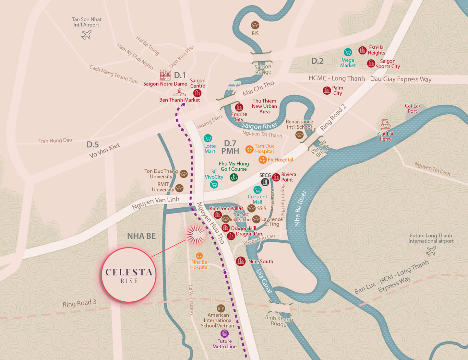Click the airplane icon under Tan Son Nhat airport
coord(86,35)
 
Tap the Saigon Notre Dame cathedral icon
coord(165,75)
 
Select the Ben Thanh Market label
coord(179,100)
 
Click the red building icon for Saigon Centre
coord(197,93)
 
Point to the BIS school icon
coord(255,25)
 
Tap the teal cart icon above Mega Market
coord(348,52)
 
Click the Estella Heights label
coord(376,50)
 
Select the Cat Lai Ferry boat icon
coord(385,125)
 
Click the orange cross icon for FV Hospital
coord(262,159)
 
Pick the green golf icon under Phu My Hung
coord(234,177)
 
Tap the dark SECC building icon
coord(265,182)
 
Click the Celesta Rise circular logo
coord(129,275)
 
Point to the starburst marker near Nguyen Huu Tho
coord(195,235)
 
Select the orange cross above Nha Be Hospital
coord(199,256)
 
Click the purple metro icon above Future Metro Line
coord(224,333)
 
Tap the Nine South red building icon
coord(241,261)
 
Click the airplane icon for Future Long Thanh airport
coord(431,251)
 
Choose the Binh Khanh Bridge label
coord(279,321)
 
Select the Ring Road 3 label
coord(79,303)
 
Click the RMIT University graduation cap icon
coord(179,188)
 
